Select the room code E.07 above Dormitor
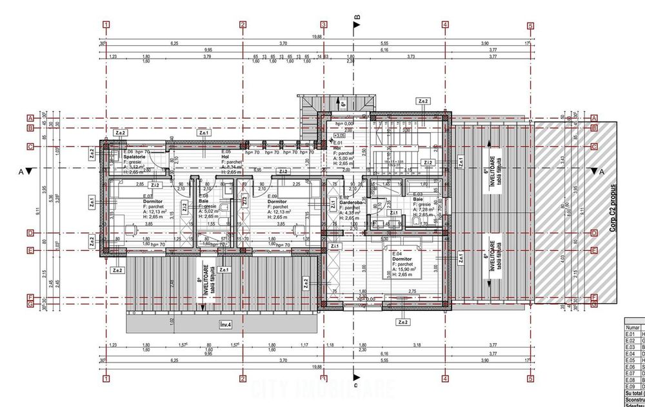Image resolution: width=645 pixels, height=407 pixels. tap(146, 196)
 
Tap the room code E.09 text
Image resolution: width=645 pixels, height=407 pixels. tap(272, 196)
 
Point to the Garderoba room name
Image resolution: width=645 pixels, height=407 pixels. tap(350, 202)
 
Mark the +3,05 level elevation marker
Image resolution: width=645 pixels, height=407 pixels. tap(339, 136)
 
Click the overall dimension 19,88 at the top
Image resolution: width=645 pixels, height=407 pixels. tap(315, 37)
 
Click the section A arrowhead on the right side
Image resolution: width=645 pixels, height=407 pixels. tap(593, 172)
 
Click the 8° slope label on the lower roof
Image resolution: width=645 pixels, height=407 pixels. tap(199, 281)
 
